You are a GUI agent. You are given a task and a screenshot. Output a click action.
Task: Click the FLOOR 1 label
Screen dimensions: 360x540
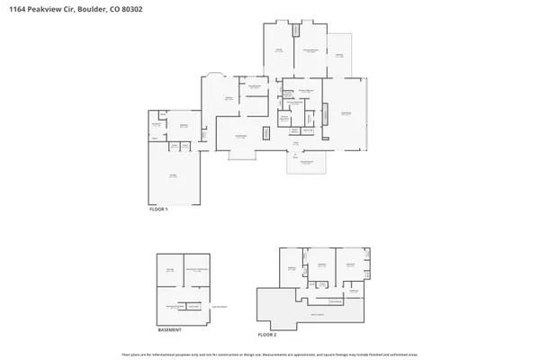[158, 209]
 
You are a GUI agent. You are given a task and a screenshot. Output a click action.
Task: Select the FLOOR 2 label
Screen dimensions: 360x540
[267, 334]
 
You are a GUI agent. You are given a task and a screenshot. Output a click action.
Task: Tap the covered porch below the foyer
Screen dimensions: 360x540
[306, 162]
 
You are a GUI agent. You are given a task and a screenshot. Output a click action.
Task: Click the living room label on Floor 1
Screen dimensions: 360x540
[345, 113]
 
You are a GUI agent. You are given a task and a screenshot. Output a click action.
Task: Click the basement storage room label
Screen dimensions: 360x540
[169, 269]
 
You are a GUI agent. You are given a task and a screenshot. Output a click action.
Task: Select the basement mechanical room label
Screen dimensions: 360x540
[196, 269]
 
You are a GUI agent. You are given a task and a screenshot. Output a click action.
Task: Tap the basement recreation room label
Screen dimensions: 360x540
[175, 307]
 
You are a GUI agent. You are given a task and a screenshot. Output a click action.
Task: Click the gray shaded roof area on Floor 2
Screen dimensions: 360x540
[315, 314]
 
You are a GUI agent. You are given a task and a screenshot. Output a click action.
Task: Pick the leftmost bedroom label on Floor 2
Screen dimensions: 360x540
[292, 268]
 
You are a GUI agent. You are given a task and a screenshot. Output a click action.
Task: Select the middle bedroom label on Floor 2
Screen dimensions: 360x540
[321, 265]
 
